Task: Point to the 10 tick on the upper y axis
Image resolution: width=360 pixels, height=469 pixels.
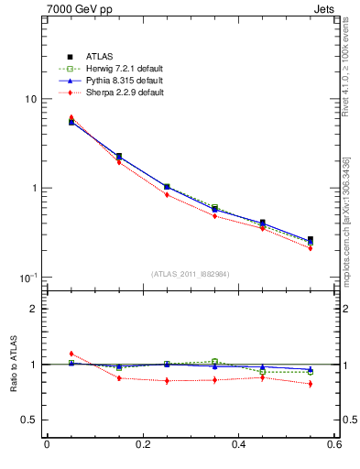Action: click(30, 99)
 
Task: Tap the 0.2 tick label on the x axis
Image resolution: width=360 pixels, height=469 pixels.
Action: click(142, 445)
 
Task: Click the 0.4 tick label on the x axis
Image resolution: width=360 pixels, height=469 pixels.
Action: click(238, 445)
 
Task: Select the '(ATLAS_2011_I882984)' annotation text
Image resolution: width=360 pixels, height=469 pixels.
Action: click(191, 274)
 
